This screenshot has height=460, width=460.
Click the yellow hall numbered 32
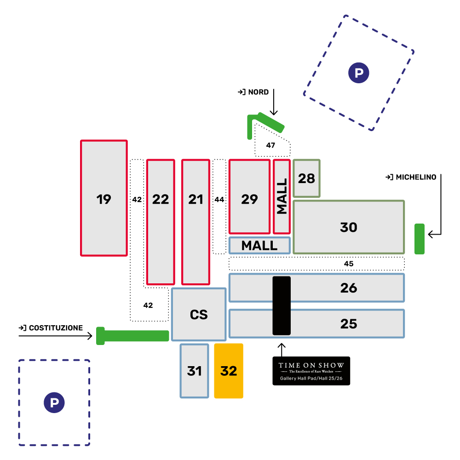[229, 371]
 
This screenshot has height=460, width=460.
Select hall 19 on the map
[104, 198]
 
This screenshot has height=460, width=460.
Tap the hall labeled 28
[307, 178]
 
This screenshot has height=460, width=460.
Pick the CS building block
[199, 315]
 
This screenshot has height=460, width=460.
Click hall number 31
[194, 371]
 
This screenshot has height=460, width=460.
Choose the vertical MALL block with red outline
[282, 196]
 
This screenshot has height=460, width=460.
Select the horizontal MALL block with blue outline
[259, 246]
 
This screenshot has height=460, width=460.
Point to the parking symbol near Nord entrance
[359, 72]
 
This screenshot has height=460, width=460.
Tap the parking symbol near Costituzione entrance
[54, 403]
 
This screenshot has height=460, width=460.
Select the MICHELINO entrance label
[411, 177]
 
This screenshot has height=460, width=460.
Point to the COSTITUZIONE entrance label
[51, 328]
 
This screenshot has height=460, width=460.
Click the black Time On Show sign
[311, 371]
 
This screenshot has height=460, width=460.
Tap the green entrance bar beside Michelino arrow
[419, 239]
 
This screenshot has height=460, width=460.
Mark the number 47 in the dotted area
[270, 145]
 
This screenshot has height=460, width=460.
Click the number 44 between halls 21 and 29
[219, 200]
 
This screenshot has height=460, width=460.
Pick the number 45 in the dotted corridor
[349, 264]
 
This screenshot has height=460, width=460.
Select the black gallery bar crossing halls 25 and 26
[282, 305]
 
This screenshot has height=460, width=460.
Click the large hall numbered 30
[349, 227]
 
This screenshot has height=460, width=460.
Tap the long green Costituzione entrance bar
[133, 336]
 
